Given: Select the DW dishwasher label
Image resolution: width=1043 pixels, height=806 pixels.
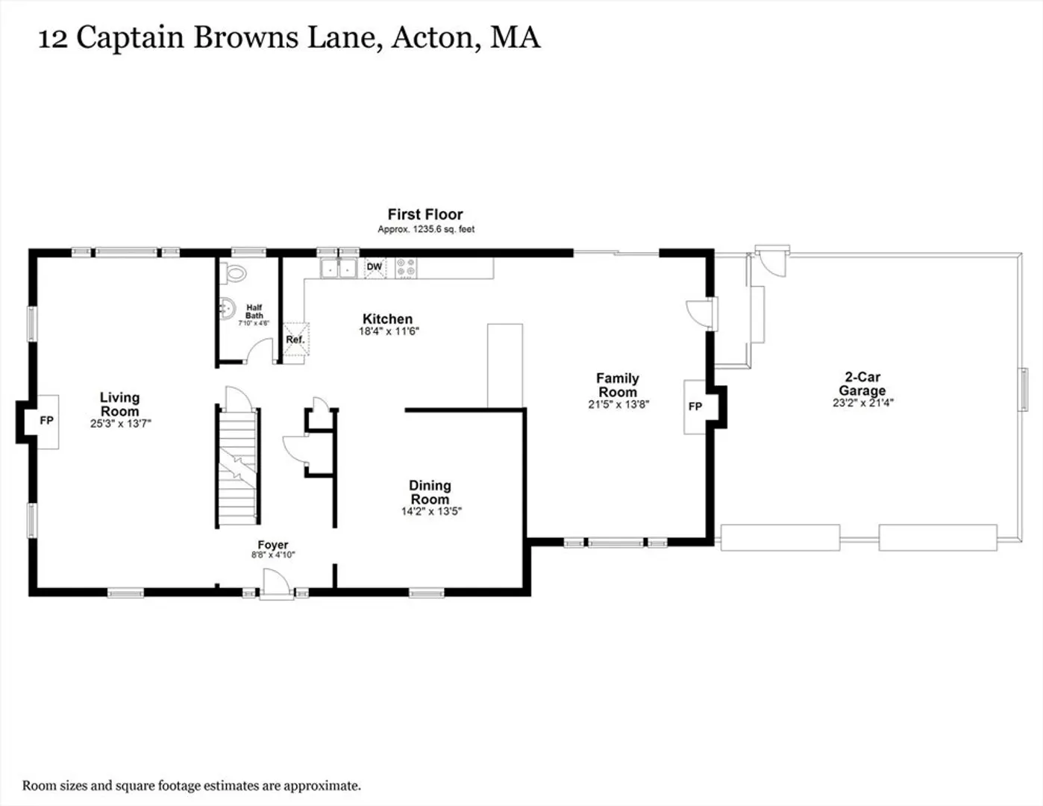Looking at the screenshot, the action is pos(375,266).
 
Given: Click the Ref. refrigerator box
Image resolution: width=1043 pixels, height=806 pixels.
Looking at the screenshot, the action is pos(295,339).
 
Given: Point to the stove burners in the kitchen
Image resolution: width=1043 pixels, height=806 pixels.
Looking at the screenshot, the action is pos(406,268).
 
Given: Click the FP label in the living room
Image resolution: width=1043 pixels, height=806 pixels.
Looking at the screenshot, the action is pos(46,420).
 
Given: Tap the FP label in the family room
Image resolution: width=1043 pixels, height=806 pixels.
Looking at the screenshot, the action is pos(695,407).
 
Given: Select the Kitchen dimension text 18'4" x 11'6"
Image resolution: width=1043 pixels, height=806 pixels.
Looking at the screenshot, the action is pos(389,331).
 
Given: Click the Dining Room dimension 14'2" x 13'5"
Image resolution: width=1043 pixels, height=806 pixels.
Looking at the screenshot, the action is pos(431,511).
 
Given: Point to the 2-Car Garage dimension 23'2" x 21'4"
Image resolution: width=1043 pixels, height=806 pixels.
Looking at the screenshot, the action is pos(863,403).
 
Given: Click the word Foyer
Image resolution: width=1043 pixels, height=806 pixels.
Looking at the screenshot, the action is pos(272,545).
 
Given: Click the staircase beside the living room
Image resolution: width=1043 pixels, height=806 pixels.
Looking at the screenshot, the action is pos(237,466).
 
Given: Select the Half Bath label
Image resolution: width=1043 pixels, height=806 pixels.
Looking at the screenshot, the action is pos(254,311).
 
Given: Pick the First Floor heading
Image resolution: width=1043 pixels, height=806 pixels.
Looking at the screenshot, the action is pos(425,214).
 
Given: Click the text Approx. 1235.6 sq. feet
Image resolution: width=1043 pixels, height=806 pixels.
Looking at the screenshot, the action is pos(426,229).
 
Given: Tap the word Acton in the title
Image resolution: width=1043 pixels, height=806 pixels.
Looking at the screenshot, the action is pos(436,37).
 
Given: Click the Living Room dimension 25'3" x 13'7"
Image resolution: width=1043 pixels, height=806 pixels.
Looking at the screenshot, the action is pos(121,423).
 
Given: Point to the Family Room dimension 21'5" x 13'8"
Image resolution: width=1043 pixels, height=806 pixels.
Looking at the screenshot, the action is pos(618,404).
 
